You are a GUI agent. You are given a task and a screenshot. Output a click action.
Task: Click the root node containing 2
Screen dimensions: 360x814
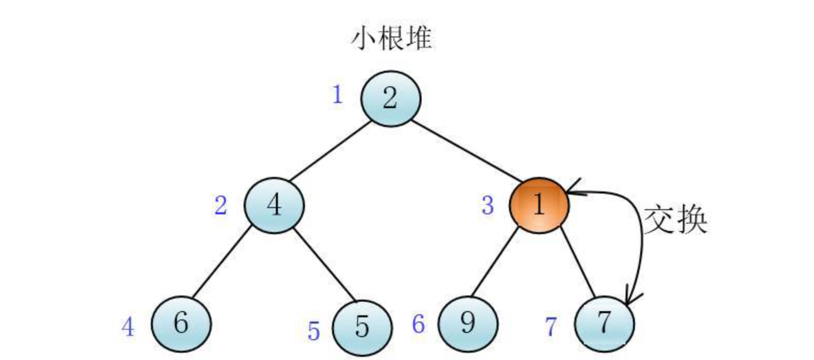click(391, 99)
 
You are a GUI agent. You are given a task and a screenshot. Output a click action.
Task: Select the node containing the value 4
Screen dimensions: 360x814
click(274, 205)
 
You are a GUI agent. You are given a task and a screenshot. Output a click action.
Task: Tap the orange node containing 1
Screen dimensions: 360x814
click(539, 205)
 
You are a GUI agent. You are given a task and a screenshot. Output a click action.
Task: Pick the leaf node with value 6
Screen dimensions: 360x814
click(181, 324)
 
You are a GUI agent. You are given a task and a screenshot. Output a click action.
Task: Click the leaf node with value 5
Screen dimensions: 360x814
click(362, 327)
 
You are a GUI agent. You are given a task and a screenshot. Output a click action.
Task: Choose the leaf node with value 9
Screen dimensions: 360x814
click(468, 324)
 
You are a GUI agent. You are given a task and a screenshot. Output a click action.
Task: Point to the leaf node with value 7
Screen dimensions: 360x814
click(604, 324)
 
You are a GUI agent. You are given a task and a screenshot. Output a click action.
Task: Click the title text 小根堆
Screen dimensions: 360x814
click(392, 38)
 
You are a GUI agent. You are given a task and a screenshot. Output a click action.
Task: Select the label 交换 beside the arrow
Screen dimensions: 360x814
click(675, 220)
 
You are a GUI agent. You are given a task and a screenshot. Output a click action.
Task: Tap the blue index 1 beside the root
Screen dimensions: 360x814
click(338, 95)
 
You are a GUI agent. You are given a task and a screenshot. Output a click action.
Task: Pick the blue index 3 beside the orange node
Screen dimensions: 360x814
click(487, 206)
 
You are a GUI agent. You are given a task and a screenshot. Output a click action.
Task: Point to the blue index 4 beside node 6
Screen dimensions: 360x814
click(128, 328)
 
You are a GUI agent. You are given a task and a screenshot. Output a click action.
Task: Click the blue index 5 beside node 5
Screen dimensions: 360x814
click(313, 331)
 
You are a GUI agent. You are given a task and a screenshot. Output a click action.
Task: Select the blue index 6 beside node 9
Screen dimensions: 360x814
click(419, 325)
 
